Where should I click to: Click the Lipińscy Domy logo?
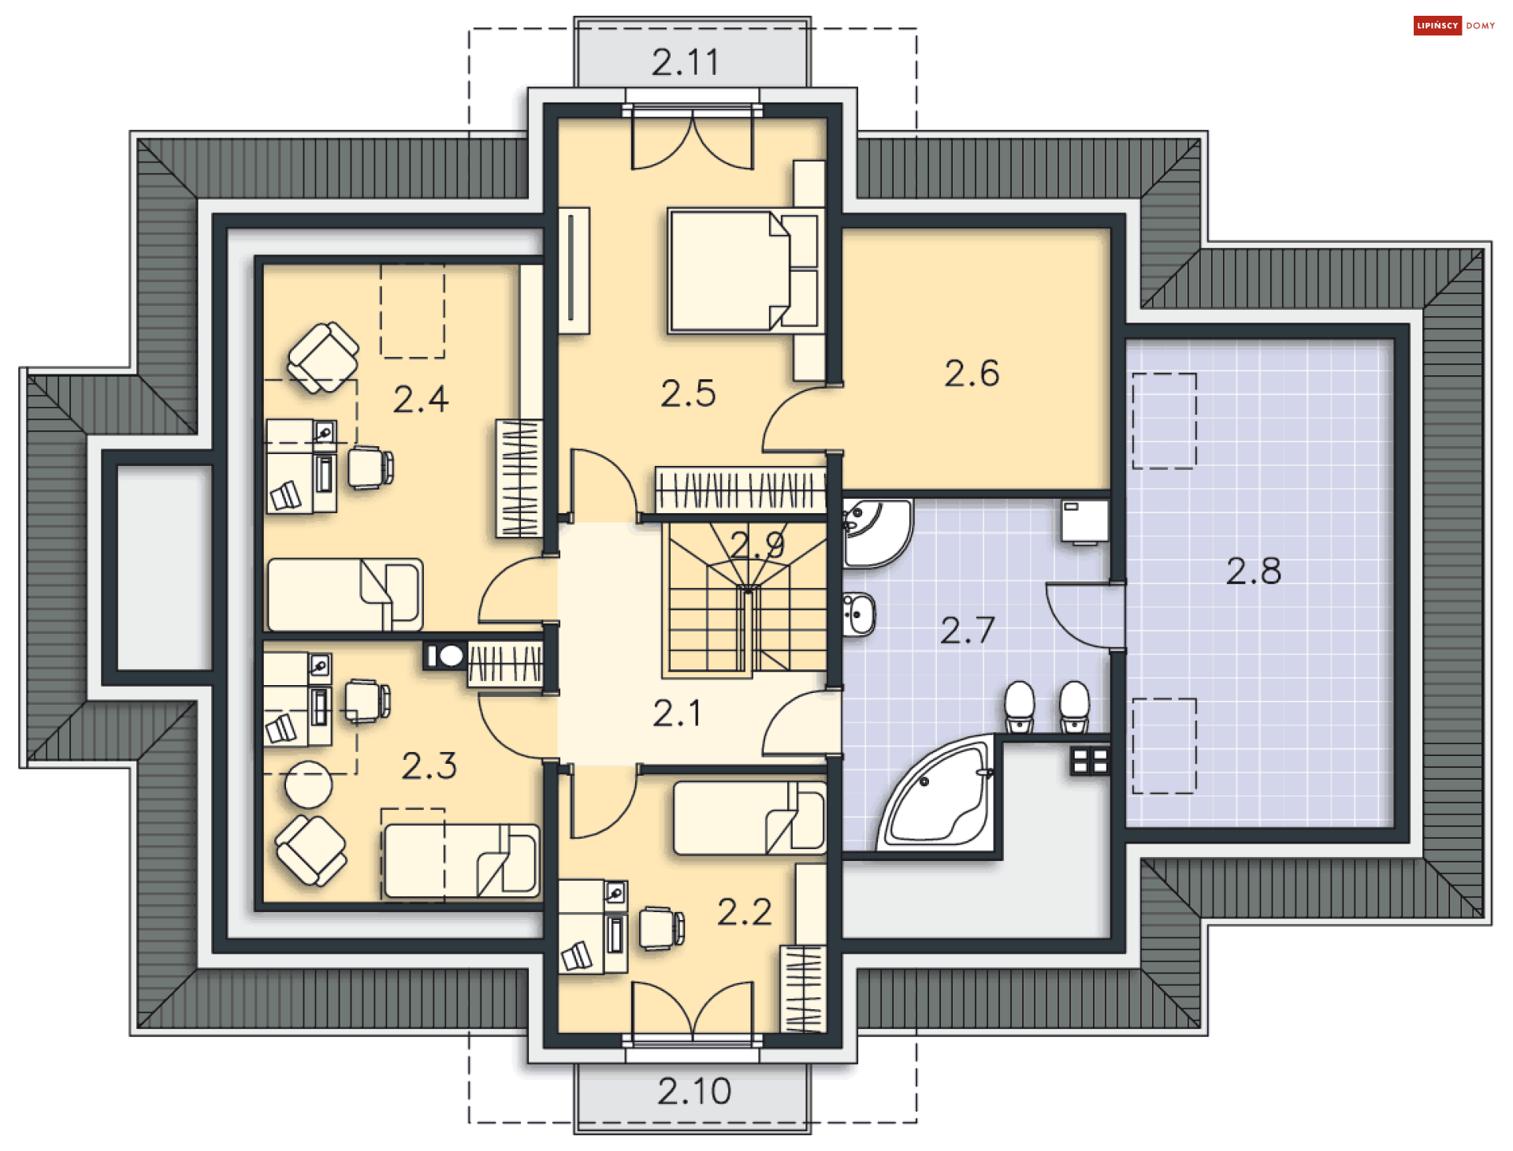(1454, 26)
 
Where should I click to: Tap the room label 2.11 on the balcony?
(686, 62)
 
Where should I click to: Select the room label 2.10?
(694, 1091)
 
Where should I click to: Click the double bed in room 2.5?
(742, 270)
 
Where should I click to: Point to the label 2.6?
(972, 373)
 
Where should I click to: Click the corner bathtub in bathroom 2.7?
(938, 792)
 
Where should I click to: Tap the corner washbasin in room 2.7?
(876, 532)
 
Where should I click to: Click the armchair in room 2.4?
(323, 357)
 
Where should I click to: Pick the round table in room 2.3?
(309, 784)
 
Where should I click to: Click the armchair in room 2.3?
(311, 850)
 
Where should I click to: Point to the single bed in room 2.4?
(345, 595)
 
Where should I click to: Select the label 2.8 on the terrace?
(1253, 571)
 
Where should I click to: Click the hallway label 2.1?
(676, 713)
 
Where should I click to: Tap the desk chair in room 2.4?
(370, 467)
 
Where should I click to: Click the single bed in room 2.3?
(462, 861)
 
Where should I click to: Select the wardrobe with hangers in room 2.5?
(741, 490)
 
